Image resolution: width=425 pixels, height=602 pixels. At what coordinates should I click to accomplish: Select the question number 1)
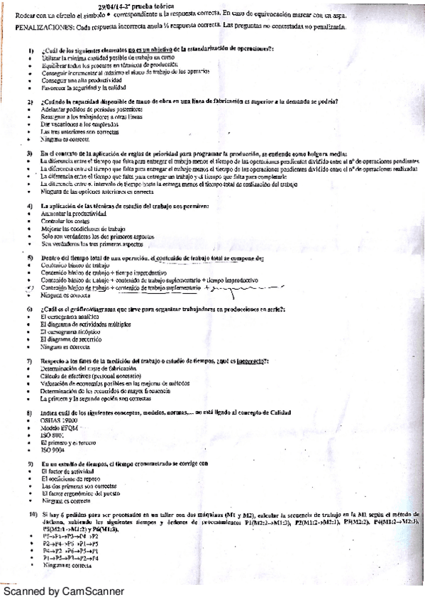click(31, 50)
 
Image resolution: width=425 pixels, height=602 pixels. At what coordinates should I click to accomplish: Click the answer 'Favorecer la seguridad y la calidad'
click(77, 87)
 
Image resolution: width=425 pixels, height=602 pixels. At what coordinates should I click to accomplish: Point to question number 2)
click(31, 102)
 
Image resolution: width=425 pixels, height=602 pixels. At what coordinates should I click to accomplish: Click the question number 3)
click(31, 153)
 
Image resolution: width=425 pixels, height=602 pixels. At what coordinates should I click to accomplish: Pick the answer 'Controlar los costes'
click(63, 221)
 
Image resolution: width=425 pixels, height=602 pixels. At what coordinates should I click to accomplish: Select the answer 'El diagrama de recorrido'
click(67, 340)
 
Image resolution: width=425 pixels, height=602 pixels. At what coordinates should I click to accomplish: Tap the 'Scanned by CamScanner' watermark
click(62, 591)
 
